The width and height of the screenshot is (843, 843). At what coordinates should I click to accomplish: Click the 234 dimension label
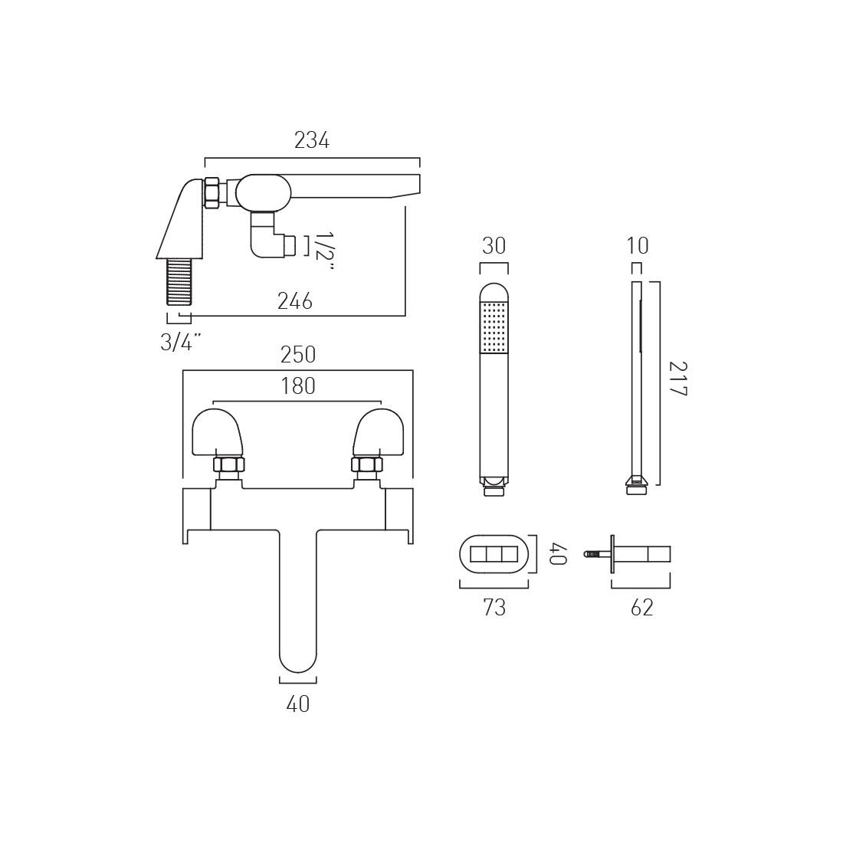(311, 140)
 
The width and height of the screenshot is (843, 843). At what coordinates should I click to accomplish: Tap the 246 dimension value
(294, 301)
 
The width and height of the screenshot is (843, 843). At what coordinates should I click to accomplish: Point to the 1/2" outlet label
(323, 251)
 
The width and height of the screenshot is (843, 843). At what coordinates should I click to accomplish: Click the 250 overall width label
(298, 355)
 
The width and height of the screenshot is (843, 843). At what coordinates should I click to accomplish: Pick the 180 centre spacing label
(298, 386)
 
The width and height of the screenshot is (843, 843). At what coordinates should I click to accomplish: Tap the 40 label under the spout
(298, 704)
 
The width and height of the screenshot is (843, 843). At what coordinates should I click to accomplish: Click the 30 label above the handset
(494, 246)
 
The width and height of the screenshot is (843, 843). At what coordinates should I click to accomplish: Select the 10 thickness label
(638, 246)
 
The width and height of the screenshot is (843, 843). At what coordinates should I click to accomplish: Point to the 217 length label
(678, 379)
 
